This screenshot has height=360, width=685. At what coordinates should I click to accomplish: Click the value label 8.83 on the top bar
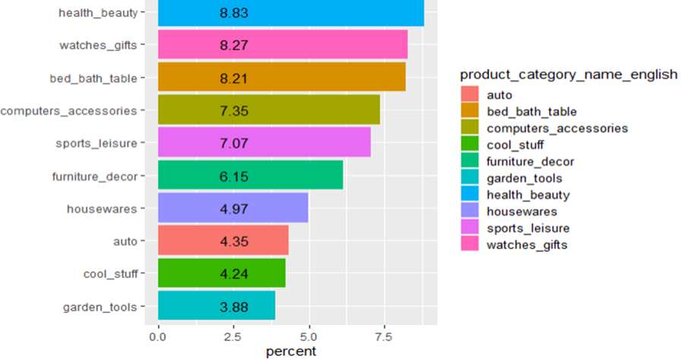click(234, 13)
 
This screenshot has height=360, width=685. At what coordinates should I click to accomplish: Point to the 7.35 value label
click(234, 111)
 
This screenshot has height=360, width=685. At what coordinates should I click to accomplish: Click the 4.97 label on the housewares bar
click(234, 208)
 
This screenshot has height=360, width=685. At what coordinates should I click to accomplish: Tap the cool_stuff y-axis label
click(110, 273)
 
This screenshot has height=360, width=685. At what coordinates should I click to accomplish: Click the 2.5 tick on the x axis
click(233, 335)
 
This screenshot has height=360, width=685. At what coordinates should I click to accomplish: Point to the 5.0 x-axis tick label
click(308, 335)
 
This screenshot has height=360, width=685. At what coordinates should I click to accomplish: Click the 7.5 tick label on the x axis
click(384, 335)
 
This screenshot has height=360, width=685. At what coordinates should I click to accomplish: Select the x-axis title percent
click(291, 351)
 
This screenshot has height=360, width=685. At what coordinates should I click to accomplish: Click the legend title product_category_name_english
click(569, 74)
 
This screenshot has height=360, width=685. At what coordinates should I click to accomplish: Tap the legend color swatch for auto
click(470, 95)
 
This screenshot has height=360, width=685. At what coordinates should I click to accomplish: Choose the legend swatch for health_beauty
click(470, 195)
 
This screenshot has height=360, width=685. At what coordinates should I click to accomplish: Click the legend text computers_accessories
click(557, 128)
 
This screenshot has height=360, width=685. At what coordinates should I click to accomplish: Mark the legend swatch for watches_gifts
click(470, 245)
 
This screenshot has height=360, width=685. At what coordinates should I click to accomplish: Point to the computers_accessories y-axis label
click(69, 110)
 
